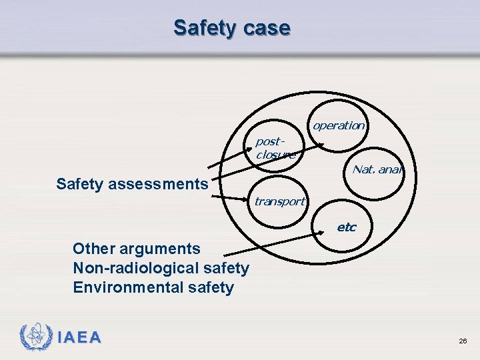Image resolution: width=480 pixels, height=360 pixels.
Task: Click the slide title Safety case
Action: [x=231, y=28]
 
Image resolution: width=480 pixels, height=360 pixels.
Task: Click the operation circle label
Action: [x=339, y=125]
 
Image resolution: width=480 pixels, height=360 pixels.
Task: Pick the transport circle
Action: [x=279, y=201]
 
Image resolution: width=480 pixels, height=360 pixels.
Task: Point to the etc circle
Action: [x=346, y=227]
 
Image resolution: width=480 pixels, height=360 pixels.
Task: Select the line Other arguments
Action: [x=136, y=249]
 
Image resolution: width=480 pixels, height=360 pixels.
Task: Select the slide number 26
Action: [x=463, y=341]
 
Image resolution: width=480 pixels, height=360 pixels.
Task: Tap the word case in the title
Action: [x=268, y=28]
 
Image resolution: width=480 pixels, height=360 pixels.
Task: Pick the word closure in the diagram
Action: [x=275, y=155]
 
